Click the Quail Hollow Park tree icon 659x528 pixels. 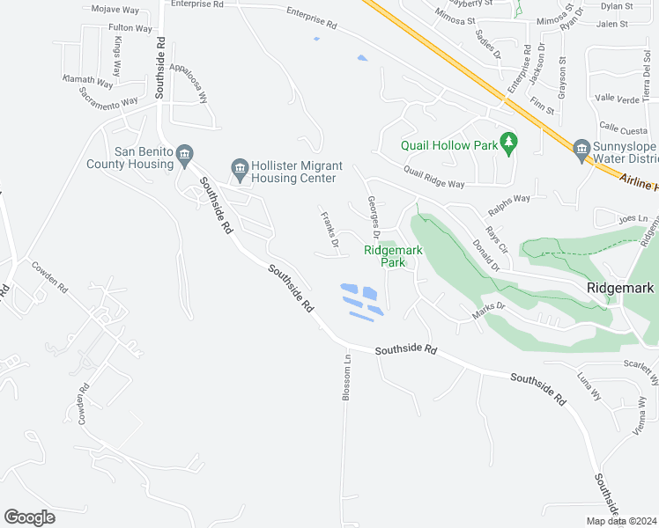click(507, 142)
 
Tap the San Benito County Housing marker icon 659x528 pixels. click(184, 157)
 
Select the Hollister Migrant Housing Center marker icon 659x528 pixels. click(239, 166)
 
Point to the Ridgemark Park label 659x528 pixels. click(393, 255)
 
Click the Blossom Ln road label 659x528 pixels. click(348, 376)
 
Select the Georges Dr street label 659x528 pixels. click(373, 217)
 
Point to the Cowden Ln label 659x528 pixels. click(49, 276)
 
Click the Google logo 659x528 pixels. click(29, 517)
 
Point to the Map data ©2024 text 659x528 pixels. click(621, 521)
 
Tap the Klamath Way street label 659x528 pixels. click(88, 80)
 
